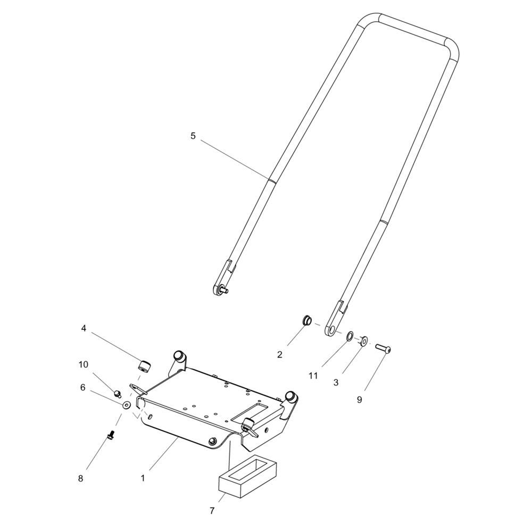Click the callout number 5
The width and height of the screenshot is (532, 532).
[x=193, y=136]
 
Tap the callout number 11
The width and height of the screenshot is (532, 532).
[x=313, y=376]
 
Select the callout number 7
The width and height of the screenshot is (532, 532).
[x=212, y=511]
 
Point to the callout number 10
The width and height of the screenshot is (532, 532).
[x=84, y=364]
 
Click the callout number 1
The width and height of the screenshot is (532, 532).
[x=143, y=478]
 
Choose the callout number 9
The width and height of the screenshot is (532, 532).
[x=359, y=400]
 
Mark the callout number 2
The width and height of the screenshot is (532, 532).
[x=280, y=354]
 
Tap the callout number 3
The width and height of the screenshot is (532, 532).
[x=336, y=383]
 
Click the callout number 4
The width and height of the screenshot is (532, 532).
[x=84, y=328]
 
